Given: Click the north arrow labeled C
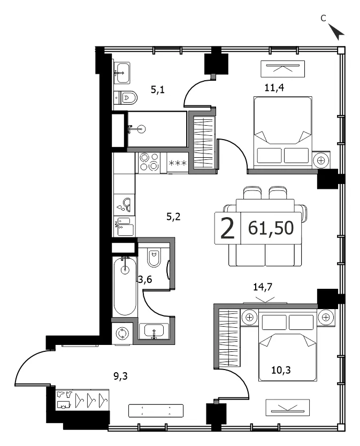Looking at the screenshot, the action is [x=337, y=32].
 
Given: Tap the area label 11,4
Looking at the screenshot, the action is [x=274, y=88].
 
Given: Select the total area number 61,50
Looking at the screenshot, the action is [x=271, y=228].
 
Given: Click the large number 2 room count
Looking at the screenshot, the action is [x=227, y=228].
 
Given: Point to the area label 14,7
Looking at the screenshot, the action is [x=263, y=287].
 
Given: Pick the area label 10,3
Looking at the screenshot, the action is [x=281, y=370].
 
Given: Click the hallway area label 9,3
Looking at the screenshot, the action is [x=121, y=376].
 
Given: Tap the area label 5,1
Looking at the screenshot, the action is [x=158, y=90].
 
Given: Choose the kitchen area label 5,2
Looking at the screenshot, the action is [x=173, y=217].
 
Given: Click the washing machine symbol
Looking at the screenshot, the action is [x=122, y=333].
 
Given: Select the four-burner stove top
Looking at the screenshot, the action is [x=149, y=162].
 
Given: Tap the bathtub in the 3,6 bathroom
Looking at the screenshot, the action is [x=125, y=286].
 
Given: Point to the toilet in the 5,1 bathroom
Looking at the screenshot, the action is [x=126, y=97].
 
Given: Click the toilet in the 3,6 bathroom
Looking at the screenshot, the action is [x=154, y=257].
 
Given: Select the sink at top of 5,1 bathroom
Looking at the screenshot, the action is [x=122, y=73].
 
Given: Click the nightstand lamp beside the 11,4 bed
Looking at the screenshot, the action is [x=321, y=161].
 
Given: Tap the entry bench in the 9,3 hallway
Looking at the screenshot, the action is [x=156, y=411].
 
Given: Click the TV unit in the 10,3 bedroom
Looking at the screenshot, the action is [x=287, y=407].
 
